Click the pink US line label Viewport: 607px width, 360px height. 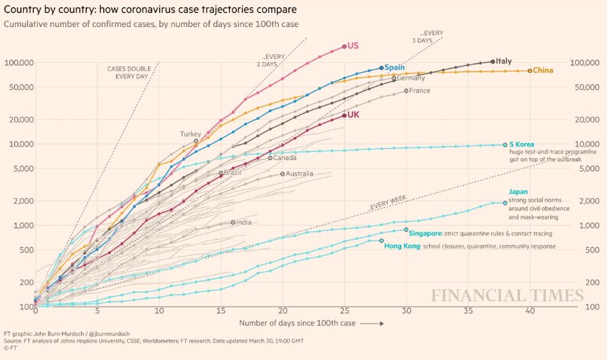(x=353, y=46)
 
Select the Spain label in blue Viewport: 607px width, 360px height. (x=395, y=68)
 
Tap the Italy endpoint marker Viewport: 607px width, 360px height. (x=492, y=61)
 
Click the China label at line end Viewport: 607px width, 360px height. (x=543, y=70)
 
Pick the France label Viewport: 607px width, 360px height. (x=419, y=91)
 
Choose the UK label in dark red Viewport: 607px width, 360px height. (x=353, y=115)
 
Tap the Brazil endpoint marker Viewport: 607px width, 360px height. (x=221, y=174)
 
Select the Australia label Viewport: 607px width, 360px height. (x=299, y=174)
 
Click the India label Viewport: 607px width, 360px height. (x=243, y=222)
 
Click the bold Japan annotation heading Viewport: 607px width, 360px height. (x=518, y=192)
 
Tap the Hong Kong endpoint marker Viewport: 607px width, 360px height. (x=381, y=240)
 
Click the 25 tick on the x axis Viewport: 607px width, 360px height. (x=345, y=311)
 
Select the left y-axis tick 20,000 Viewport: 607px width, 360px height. (x=20, y=120)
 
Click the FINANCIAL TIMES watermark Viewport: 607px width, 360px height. (x=507, y=296)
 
